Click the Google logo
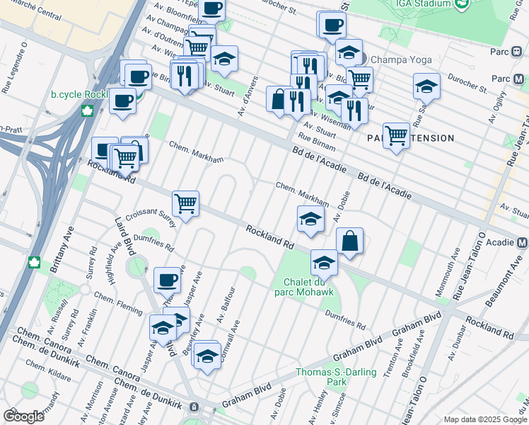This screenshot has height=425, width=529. (23, 416)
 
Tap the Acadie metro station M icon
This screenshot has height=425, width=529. (523, 242)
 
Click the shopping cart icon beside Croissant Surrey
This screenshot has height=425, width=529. (185, 204)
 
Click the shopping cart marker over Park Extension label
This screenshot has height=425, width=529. (396, 135)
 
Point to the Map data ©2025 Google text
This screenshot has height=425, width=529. (484, 419)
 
